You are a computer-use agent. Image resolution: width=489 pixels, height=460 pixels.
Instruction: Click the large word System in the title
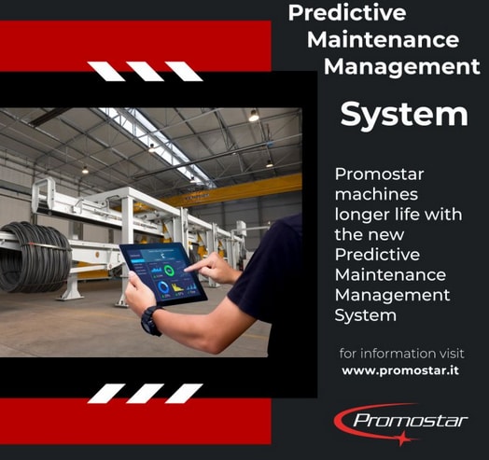[x=404, y=115]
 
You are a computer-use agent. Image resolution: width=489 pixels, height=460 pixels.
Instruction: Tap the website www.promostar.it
[x=400, y=370]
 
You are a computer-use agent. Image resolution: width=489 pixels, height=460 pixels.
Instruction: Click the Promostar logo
[x=400, y=424]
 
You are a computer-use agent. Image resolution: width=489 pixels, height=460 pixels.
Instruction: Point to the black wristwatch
[x=151, y=321]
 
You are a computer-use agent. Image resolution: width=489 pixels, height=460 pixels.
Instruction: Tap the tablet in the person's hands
[x=163, y=273]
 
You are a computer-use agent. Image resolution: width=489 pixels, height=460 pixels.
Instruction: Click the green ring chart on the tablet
[x=169, y=271]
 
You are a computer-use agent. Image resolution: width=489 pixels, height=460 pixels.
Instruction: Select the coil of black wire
[x=35, y=257]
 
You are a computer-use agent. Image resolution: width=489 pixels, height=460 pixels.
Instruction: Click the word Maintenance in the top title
[x=383, y=39]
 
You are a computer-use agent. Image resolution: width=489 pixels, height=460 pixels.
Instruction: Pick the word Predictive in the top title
[x=347, y=13]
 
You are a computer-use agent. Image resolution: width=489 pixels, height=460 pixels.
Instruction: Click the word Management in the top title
[x=401, y=67]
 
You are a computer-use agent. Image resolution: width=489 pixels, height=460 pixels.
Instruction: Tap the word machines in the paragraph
[x=376, y=195]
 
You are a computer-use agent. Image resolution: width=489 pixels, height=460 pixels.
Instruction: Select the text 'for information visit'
[x=401, y=354]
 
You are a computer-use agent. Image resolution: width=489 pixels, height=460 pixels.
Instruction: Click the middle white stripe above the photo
[x=145, y=72]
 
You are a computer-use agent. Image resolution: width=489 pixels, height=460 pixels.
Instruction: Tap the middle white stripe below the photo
[x=145, y=393]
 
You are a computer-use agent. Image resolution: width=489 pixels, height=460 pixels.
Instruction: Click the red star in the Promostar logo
[x=403, y=439]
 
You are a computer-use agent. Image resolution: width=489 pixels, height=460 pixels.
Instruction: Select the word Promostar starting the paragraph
[x=379, y=174]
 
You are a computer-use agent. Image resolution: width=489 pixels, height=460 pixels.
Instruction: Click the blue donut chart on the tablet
[x=163, y=286]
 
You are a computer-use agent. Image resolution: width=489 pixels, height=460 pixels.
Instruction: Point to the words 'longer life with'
[x=398, y=215]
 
